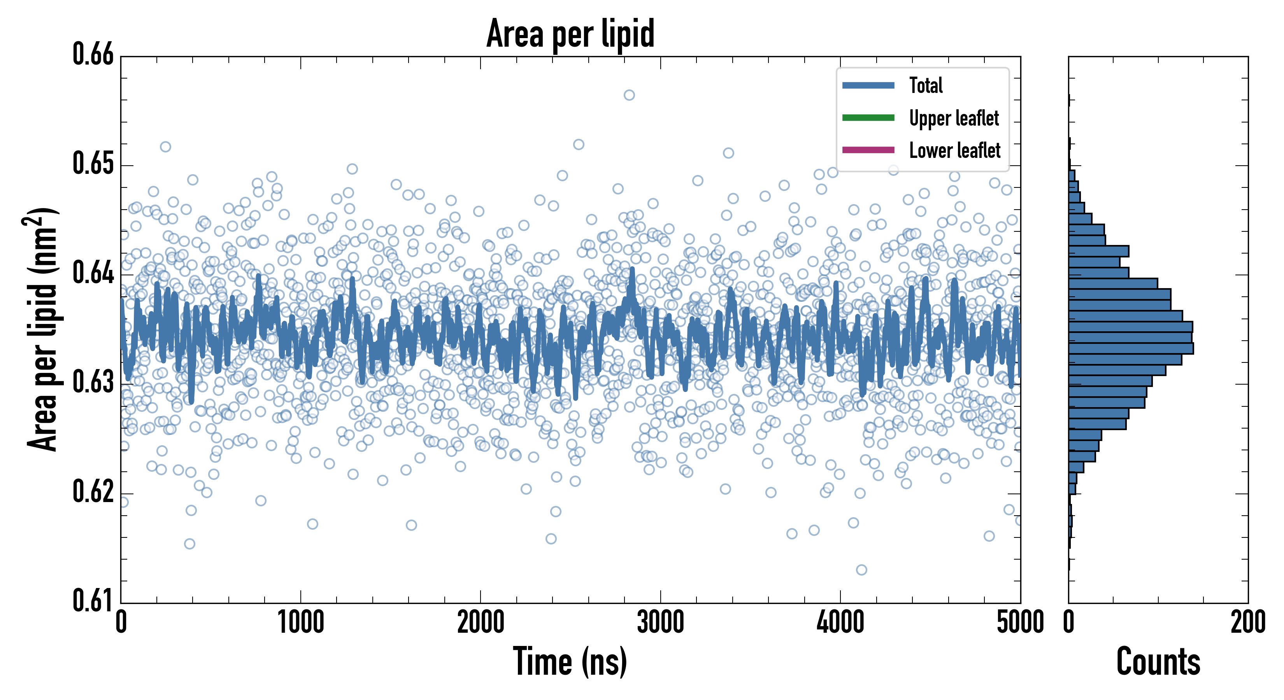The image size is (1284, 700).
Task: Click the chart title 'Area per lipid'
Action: pyautogui.click(x=570, y=33)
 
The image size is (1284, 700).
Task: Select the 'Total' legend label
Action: pyautogui.click(x=926, y=85)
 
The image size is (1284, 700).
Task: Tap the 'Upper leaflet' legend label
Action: pyautogui.click(x=954, y=118)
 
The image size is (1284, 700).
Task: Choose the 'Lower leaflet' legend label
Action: pyautogui.click(x=954, y=150)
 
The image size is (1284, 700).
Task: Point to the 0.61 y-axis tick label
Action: pyautogui.click(x=93, y=600)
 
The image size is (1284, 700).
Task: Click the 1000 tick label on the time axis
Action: pyautogui.click(x=300, y=623)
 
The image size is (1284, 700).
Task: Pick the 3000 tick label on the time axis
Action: pyautogui.click(x=660, y=623)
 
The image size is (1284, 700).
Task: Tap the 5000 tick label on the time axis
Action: pyautogui.click(x=1020, y=623)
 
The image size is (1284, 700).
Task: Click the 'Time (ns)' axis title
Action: pyautogui.click(x=570, y=661)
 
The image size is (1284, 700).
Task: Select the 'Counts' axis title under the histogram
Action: pyautogui.click(x=1158, y=661)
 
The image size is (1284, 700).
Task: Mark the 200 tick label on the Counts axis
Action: pyautogui.click(x=1247, y=623)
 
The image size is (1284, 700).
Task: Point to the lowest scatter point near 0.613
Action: pyautogui.click(x=861, y=569)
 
